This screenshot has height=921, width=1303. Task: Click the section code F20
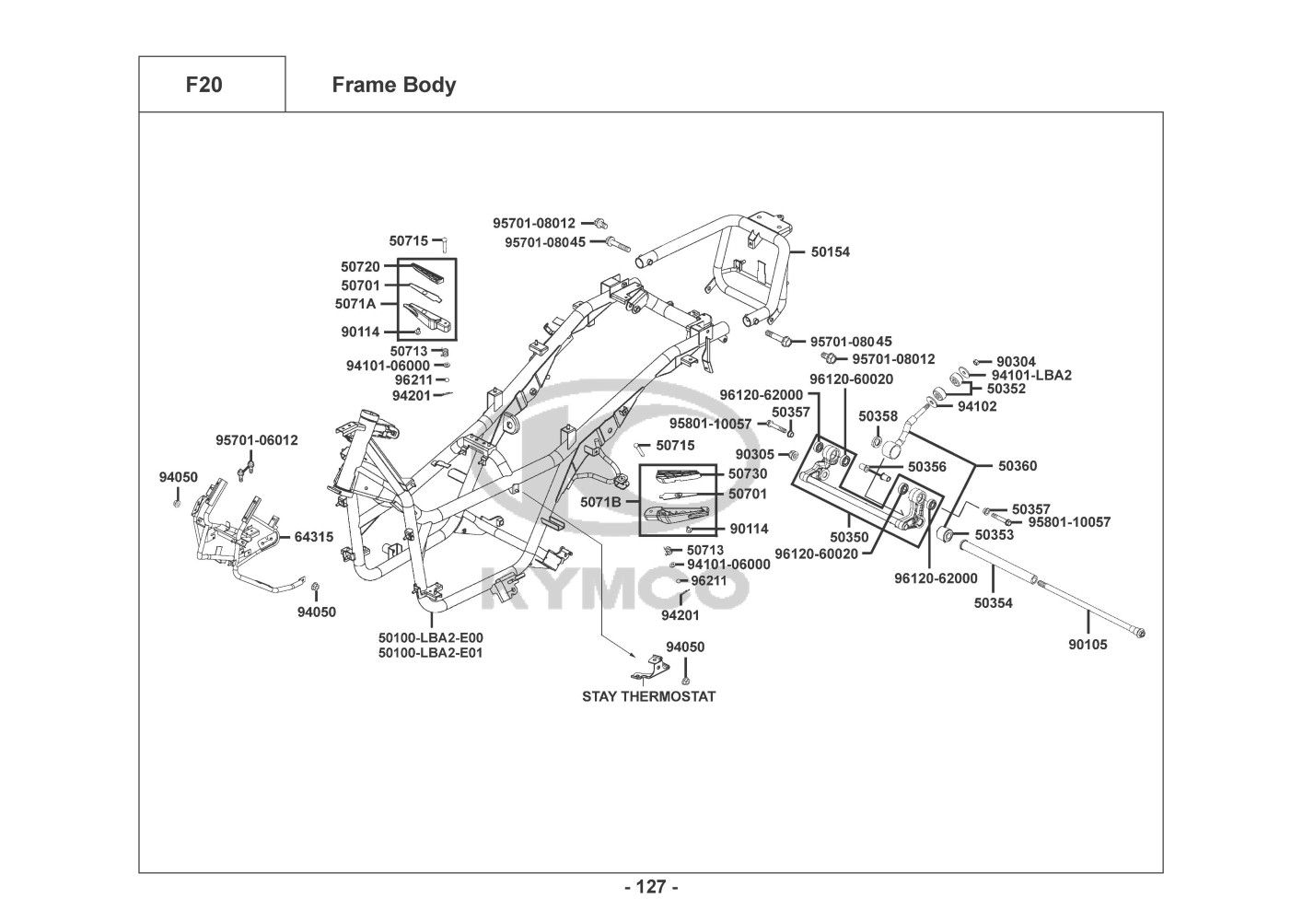[204, 85]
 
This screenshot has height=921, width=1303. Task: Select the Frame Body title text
[393, 85]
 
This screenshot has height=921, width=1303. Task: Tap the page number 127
[651, 888]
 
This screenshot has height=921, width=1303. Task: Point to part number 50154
[831, 251]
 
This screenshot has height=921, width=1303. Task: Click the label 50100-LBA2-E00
[430, 637]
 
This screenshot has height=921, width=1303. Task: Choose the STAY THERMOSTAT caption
[648, 696]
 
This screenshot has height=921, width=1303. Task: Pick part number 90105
[1088, 645]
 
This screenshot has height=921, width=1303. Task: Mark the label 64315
[314, 537]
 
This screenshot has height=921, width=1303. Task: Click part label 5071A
[355, 303]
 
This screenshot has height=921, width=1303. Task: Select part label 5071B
[600, 502]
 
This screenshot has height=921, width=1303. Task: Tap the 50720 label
[360, 266]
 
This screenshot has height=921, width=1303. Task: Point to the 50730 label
[747, 473]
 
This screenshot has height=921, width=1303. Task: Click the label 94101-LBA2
[1031, 375]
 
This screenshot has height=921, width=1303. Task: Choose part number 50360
[1018, 466]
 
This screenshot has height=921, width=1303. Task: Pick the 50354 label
[993, 603]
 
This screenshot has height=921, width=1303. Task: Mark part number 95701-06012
[257, 440]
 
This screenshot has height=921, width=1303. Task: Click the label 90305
[754, 454]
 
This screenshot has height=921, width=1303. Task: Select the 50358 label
[878, 416]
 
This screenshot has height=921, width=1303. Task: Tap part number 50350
[848, 536]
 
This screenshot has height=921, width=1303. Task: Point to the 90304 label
[1016, 362]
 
